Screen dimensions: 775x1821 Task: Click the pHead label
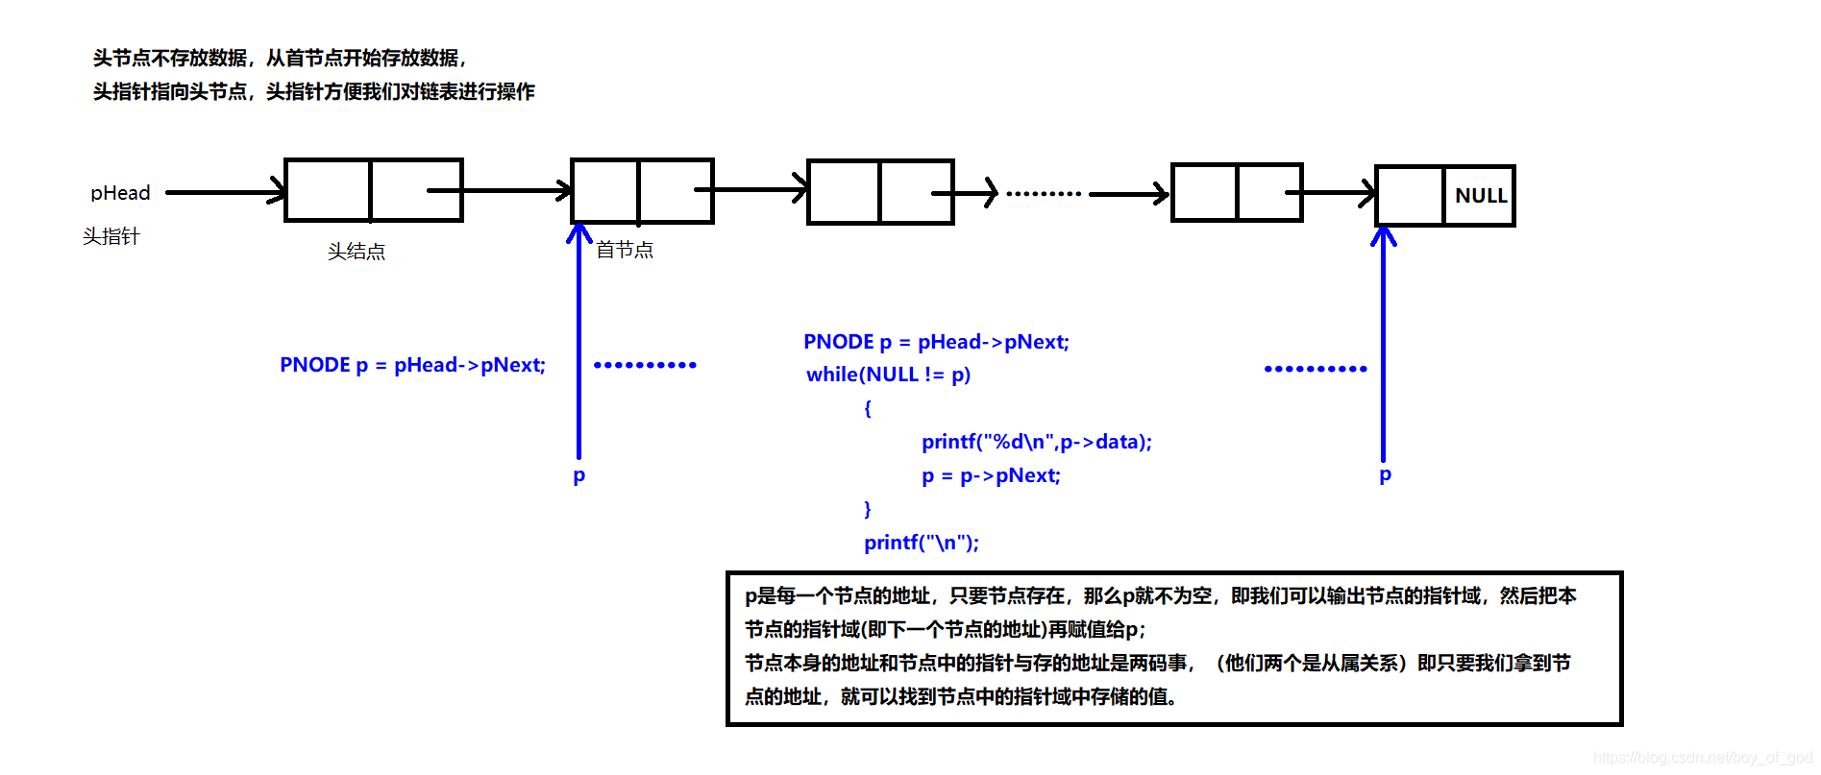tap(120, 193)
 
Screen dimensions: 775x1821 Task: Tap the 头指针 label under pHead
tap(111, 236)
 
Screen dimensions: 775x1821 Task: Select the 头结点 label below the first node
tap(356, 252)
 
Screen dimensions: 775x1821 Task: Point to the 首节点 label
tap(625, 251)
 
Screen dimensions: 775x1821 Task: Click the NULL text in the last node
tap(1481, 196)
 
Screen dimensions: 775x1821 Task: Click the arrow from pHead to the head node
tap(226, 192)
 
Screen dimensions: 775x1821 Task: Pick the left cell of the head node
tap(328, 190)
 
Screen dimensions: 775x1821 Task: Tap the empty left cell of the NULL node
tap(1410, 196)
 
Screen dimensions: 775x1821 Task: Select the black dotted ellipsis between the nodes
tap(1044, 194)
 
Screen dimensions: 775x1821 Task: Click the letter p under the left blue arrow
tap(578, 475)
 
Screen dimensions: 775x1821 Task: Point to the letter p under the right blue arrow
tap(1385, 474)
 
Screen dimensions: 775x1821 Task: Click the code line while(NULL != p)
tap(888, 375)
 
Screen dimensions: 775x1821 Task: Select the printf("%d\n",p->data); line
tap(1036, 442)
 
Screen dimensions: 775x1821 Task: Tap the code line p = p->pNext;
tap(991, 475)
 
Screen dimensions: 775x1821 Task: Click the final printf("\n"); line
tap(921, 543)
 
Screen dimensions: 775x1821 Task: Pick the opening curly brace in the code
tap(867, 408)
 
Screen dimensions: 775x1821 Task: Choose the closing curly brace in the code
tap(867, 509)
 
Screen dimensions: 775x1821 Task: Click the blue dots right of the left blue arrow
tap(645, 365)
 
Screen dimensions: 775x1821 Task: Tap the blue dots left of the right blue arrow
tap(1315, 369)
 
